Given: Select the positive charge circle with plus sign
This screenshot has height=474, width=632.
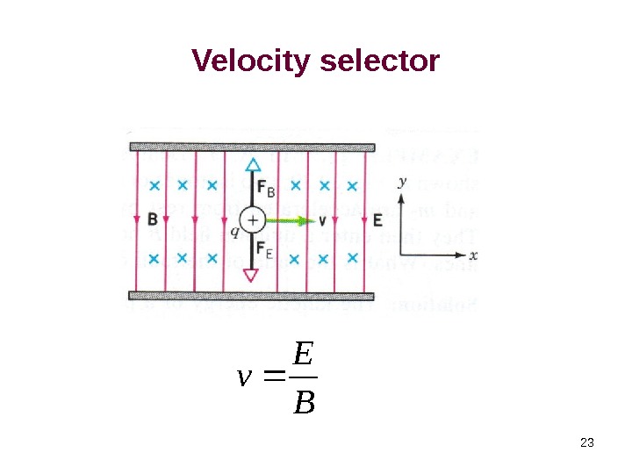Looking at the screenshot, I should tap(252, 220).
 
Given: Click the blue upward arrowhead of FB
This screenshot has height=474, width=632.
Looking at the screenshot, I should tap(253, 164).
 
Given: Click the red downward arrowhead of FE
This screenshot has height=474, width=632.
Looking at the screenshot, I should tap(252, 276).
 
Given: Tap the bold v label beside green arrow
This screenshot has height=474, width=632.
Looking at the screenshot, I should tap(322, 220).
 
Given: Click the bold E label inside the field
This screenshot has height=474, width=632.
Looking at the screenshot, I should tap(377, 219).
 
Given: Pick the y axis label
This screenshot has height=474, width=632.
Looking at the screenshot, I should tap(402, 182).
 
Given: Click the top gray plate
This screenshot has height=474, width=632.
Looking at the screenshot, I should tap(253, 147).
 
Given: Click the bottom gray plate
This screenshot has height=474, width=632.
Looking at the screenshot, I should tap(253, 295).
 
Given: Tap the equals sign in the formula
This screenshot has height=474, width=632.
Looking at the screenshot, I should tap(272, 378).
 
